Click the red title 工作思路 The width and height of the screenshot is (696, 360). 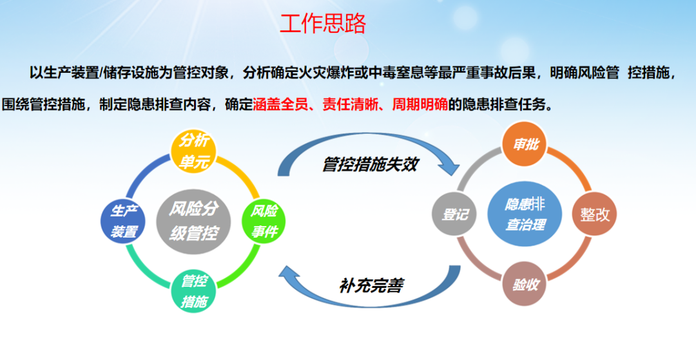(x=323, y=23)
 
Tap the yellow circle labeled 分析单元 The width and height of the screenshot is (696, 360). (x=193, y=151)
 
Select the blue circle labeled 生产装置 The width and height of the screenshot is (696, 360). (x=123, y=222)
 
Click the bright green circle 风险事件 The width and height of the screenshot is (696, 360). (x=264, y=221)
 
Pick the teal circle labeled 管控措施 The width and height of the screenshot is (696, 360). (x=193, y=291)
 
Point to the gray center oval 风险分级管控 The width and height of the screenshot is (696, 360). (x=193, y=222)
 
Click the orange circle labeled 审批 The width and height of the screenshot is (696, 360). (x=525, y=144)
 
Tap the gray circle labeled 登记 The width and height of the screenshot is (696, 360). (x=454, y=214)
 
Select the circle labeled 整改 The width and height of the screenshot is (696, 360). (x=595, y=214)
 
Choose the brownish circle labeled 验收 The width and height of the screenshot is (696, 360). (x=525, y=284)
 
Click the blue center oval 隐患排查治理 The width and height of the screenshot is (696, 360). (x=525, y=214)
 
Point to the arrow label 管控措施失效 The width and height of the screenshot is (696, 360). (x=370, y=164)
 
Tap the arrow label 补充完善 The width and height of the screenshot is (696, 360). (x=372, y=285)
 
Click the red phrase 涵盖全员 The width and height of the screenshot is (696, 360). (x=280, y=104)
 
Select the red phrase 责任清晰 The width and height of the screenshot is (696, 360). (x=350, y=104)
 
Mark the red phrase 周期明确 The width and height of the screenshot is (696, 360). (x=420, y=104)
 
